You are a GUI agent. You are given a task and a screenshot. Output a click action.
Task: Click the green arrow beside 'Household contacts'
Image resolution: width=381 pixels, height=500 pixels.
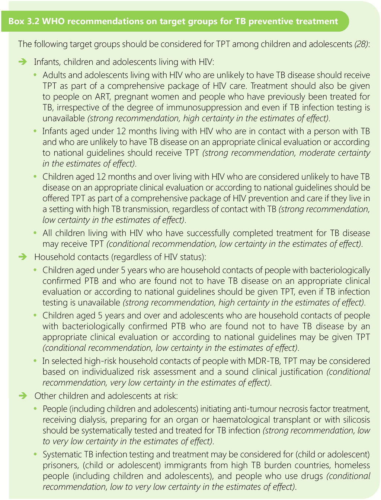pos(23,257)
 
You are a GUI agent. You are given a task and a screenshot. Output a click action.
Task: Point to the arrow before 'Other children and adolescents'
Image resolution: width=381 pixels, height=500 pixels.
pos(23,396)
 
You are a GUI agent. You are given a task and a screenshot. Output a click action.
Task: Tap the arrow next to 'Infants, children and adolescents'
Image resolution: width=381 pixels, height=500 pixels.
pos(23,62)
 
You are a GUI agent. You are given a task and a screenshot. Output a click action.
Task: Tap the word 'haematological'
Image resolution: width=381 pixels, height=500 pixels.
pos(243,420)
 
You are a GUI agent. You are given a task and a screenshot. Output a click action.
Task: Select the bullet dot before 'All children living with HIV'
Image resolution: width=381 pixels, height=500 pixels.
pos(35,233)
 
